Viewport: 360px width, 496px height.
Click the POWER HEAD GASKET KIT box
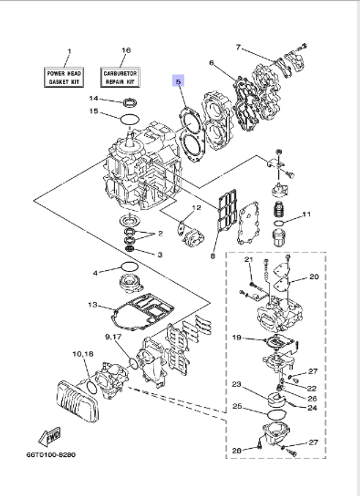pyautogui.click(x=64, y=77)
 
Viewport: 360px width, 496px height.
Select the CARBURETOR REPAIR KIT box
pyautogui.click(x=120, y=77)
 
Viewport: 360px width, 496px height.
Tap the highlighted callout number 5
pyautogui.click(x=178, y=82)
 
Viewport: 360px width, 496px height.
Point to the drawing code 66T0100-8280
pyautogui.click(x=51, y=455)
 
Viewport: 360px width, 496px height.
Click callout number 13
pyautogui.click(x=93, y=305)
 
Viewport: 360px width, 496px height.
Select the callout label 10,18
pyautogui.click(x=83, y=354)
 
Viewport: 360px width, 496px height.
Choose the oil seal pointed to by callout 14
pyautogui.click(x=130, y=103)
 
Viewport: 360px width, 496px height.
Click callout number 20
pyautogui.click(x=314, y=277)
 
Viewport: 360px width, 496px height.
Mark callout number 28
pyautogui.click(x=237, y=450)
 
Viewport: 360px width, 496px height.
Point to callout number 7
pyautogui.click(x=238, y=47)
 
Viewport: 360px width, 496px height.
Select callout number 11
pyautogui.click(x=306, y=214)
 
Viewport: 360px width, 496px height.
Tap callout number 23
pyautogui.click(x=236, y=384)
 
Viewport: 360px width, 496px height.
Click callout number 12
pyautogui.click(x=196, y=207)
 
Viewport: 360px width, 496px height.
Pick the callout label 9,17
pyautogui.click(x=113, y=336)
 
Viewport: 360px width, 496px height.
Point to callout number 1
pyautogui.click(x=69, y=51)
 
